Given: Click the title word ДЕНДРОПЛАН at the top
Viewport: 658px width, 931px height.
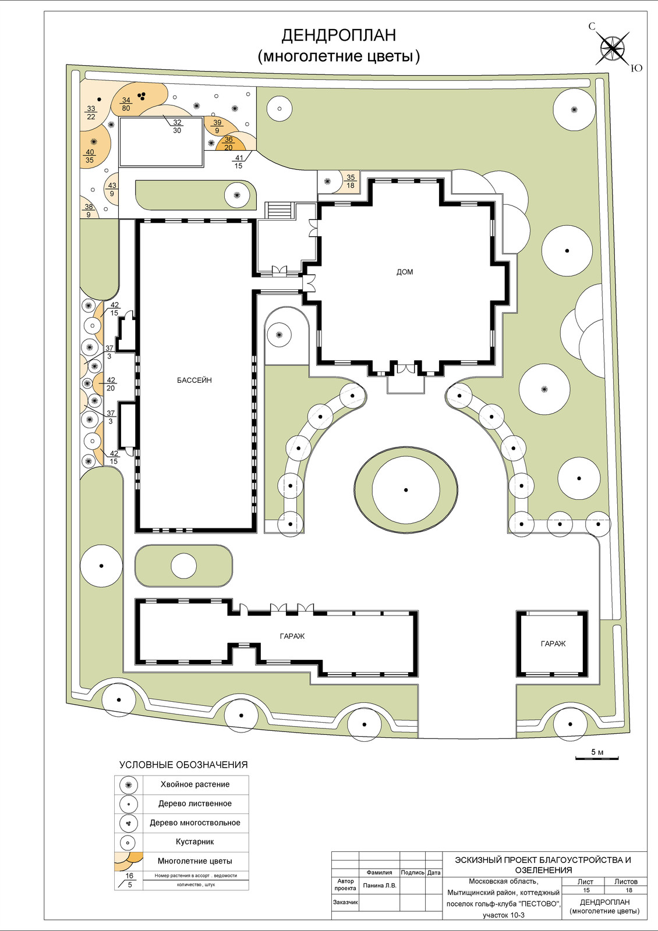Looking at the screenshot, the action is pos(338,35).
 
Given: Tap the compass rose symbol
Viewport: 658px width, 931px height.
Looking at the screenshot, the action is pos(614,48).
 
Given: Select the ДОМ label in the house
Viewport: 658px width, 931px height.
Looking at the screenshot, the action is pos(404,272).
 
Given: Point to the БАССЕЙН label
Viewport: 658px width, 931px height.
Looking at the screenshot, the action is pos(194,380).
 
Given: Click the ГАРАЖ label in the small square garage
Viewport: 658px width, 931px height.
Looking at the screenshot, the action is pos(553,644).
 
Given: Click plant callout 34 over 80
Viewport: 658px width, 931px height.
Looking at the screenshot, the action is pos(126,104).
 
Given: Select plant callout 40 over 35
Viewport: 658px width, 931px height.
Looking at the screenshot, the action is pos(90,156).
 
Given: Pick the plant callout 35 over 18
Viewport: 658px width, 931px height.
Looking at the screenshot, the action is pos(351,182).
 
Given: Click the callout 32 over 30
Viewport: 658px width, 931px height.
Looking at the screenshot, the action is pos(177,126).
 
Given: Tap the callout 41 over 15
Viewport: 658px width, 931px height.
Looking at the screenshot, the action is pos(239,162).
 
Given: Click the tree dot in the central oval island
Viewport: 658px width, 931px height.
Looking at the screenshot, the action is pos(406,490).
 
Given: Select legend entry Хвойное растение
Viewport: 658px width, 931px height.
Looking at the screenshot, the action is pos(195,785).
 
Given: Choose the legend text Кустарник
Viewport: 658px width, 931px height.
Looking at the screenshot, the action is pos(195,841).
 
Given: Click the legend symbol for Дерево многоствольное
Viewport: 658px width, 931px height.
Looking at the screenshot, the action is pos(129,823).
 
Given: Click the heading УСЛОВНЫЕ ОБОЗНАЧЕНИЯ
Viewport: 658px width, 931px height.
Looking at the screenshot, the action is pos(183,765).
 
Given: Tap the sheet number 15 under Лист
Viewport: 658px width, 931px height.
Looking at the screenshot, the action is pos(586,890).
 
